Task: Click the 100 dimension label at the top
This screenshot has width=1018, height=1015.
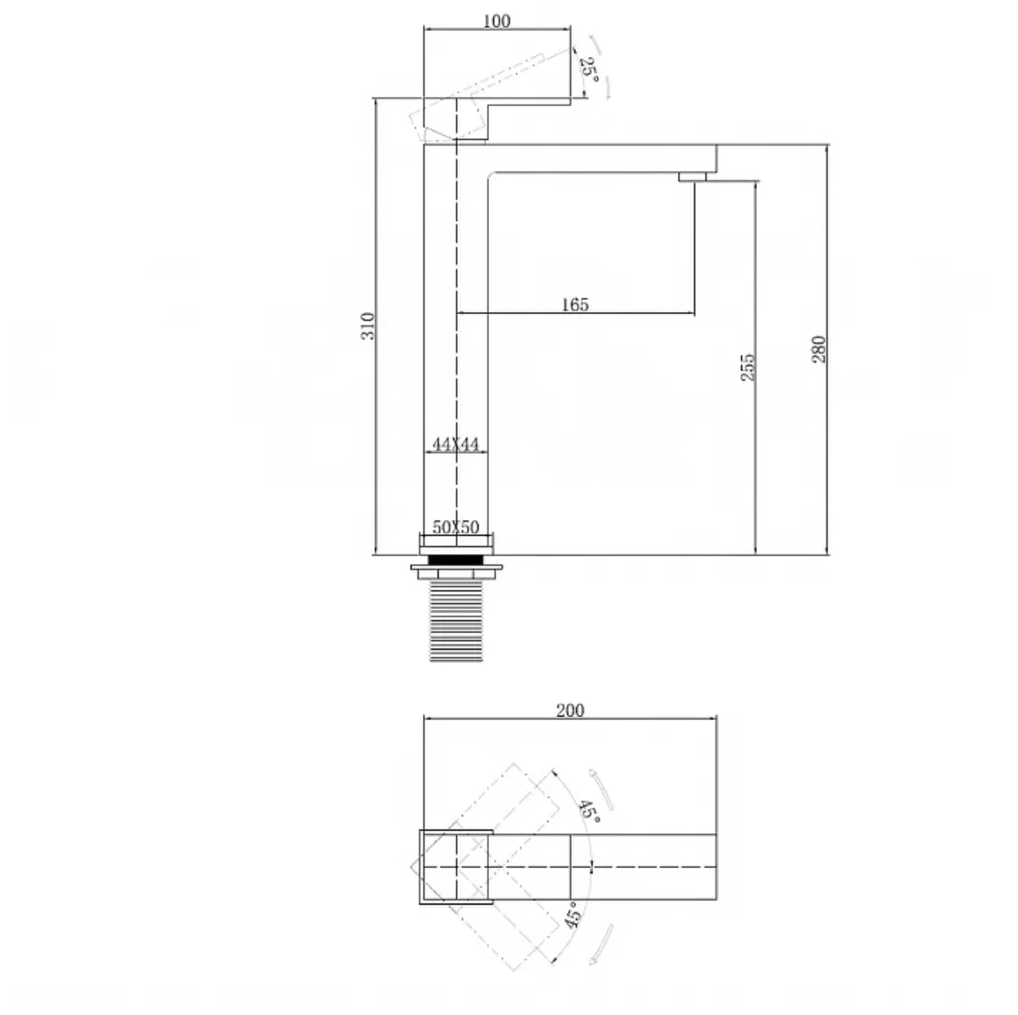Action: click(497, 21)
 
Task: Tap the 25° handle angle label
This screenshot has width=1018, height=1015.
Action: click(589, 68)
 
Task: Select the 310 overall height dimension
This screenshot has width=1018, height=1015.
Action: click(368, 326)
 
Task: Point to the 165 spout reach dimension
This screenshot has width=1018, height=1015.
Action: click(575, 304)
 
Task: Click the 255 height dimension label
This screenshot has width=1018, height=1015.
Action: click(748, 367)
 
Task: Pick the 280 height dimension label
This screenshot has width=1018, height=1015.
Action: click(819, 349)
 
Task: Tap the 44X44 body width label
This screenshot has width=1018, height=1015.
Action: click(456, 444)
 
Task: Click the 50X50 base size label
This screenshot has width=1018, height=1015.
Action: click(456, 527)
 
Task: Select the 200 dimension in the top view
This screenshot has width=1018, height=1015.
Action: click(570, 711)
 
